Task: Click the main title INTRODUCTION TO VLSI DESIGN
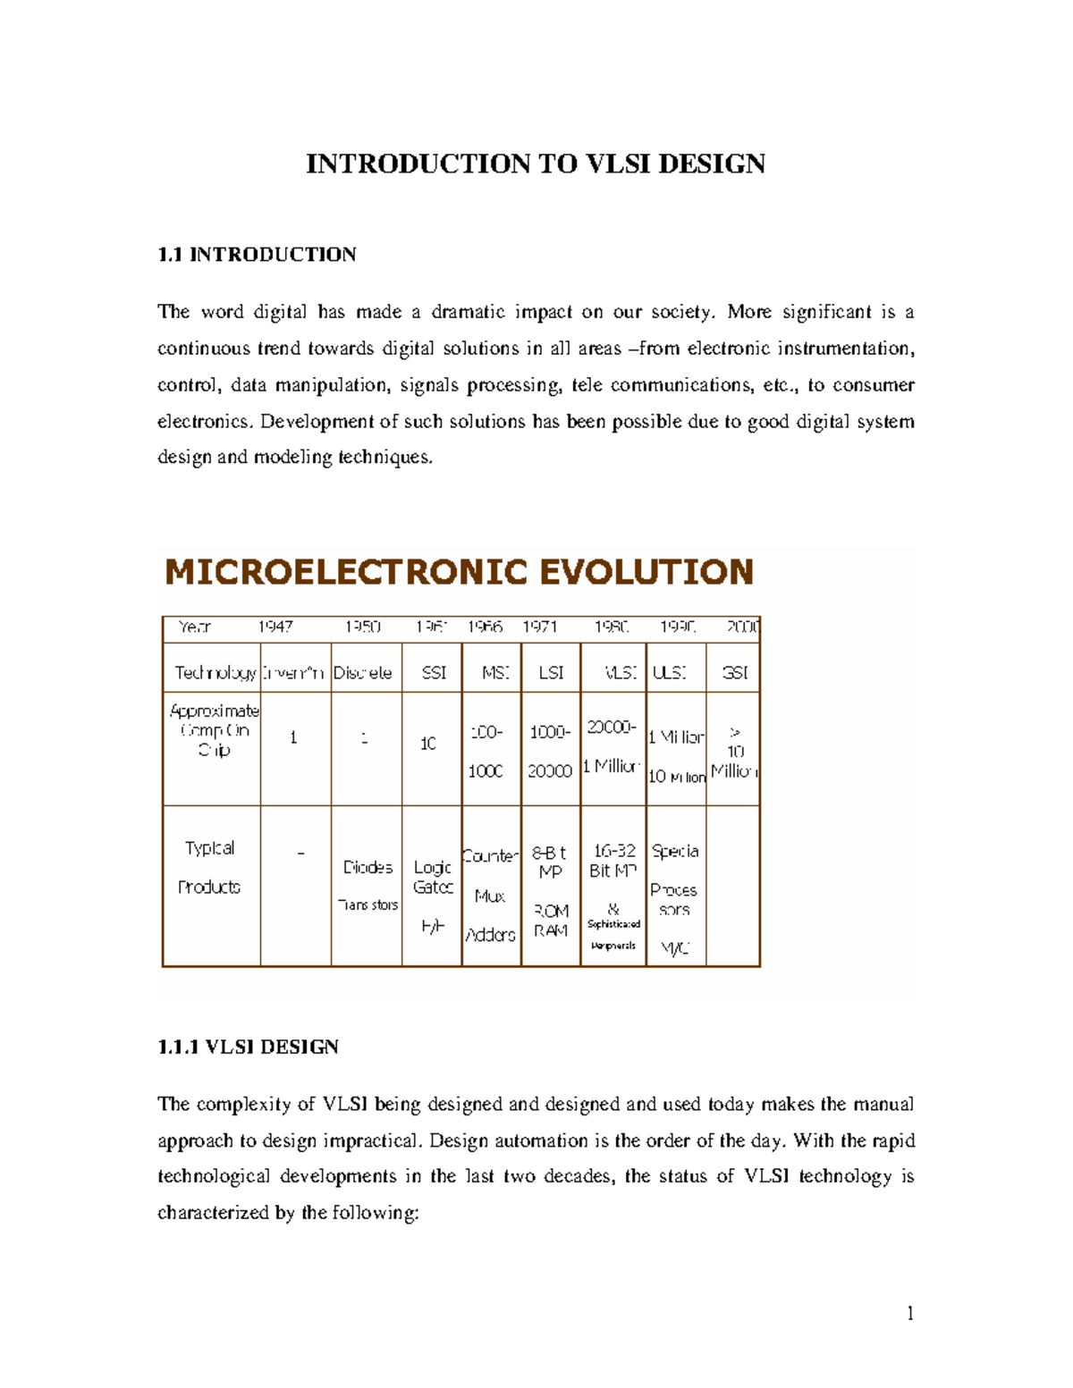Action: click(535, 164)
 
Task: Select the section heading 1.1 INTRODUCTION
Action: click(257, 255)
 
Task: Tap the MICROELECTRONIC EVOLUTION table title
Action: click(459, 572)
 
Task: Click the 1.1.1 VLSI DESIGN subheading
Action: click(248, 1047)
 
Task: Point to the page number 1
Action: click(909, 1313)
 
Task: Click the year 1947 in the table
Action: click(275, 627)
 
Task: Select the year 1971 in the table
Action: click(540, 627)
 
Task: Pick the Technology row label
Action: click(215, 672)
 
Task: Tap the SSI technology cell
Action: click(433, 672)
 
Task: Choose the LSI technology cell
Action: click(551, 672)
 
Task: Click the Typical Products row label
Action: click(209, 867)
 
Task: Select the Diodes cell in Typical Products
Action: click(368, 868)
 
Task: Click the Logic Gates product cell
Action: click(433, 877)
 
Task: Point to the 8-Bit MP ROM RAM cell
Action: click(551, 890)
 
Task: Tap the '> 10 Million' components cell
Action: click(733, 752)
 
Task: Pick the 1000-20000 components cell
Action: click(550, 751)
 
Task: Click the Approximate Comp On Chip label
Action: click(214, 730)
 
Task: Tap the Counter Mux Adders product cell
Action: click(490, 895)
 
